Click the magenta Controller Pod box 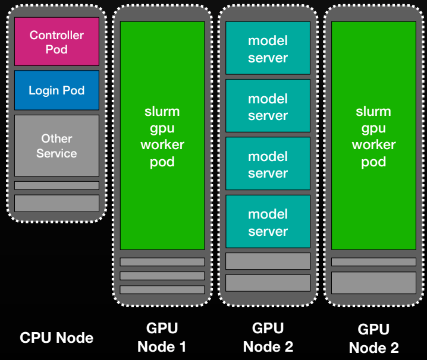click(x=56, y=42)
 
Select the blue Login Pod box click(x=56, y=90)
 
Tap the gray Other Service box click(x=56, y=146)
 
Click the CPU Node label click(x=56, y=338)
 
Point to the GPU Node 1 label click(x=162, y=337)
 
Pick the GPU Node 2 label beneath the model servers click(x=268, y=337)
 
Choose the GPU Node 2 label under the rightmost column click(x=373, y=338)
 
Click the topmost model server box click(x=268, y=48)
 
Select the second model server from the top click(x=268, y=106)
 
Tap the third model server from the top click(x=268, y=163)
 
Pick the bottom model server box click(x=268, y=222)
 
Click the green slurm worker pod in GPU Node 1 click(x=162, y=135)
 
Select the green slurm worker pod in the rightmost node click(x=373, y=135)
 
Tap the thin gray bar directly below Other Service click(x=56, y=185)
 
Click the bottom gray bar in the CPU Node click(x=56, y=203)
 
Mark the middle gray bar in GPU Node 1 click(x=162, y=276)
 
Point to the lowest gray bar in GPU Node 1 click(x=162, y=289)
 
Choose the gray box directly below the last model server click(x=268, y=261)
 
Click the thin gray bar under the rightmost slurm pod click(x=373, y=262)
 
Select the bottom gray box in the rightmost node click(x=373, y=282)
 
